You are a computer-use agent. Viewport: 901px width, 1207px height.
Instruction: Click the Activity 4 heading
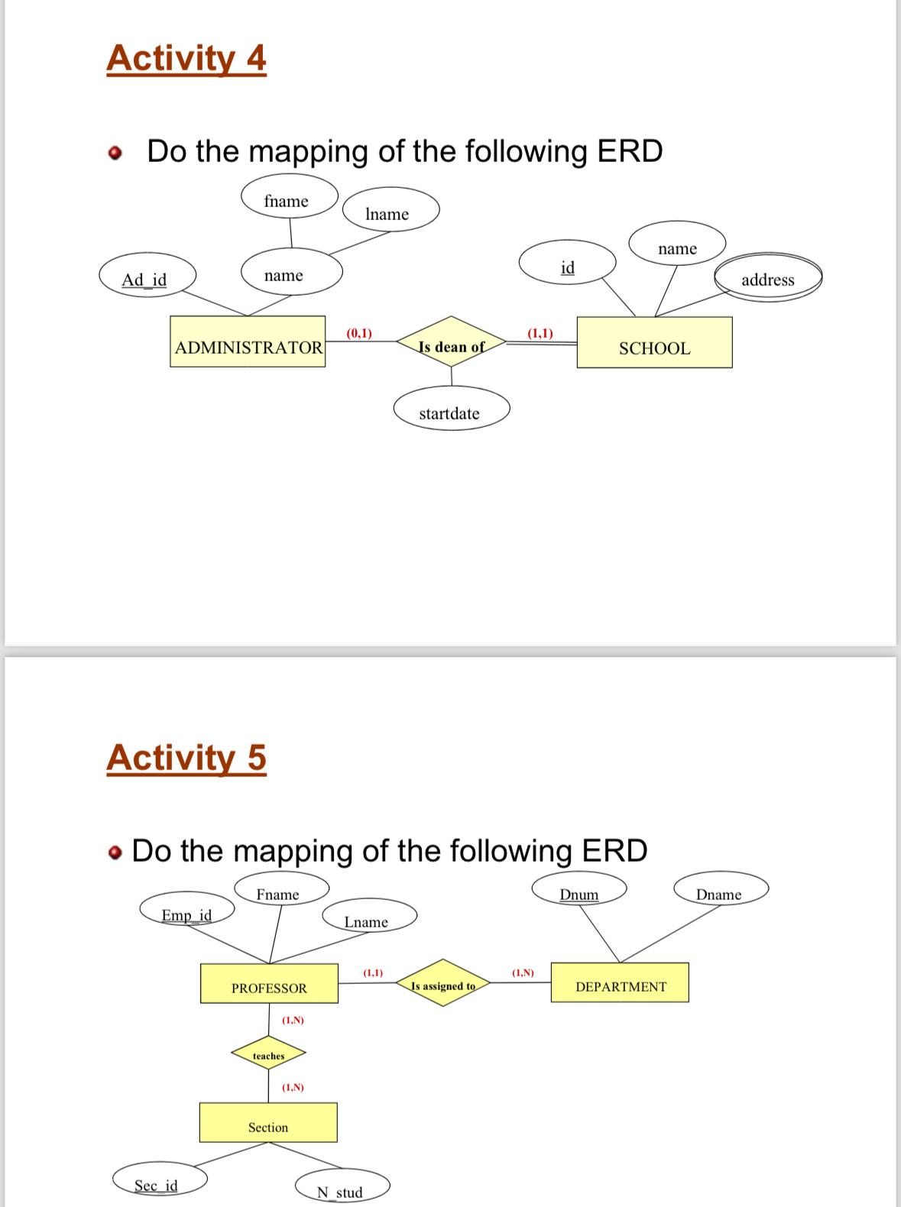[x=186, y=59]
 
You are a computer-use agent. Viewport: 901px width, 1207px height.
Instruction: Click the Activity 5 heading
[x=186, y=758]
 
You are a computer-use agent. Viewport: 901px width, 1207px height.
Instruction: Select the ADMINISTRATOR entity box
[x=248, y=341]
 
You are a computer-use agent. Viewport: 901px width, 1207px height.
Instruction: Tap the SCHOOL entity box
[x=654, y=342]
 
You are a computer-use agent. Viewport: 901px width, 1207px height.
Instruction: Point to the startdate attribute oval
[x=451, y=409]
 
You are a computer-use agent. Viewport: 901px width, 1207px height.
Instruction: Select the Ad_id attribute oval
[x=147, y=275]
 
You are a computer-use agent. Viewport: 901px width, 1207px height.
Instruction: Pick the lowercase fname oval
[x=289, y=196]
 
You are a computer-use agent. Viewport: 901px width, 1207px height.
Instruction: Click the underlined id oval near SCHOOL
[x=567, y=262]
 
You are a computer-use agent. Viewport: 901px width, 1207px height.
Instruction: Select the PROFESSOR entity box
[x=269, y=983]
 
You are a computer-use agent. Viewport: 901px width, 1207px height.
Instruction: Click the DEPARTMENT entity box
[x=620, y=982]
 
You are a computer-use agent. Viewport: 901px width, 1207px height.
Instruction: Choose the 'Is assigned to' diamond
[x=443, y=982]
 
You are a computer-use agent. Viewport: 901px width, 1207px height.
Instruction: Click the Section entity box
[x=268, y=1122]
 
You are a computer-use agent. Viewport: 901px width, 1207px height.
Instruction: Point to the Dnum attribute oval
[x=579, y=888]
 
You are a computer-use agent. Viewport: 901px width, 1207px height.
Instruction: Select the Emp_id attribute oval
[x=186, y=908]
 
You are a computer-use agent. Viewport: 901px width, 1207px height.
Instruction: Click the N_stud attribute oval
[x=342, y=1186]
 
